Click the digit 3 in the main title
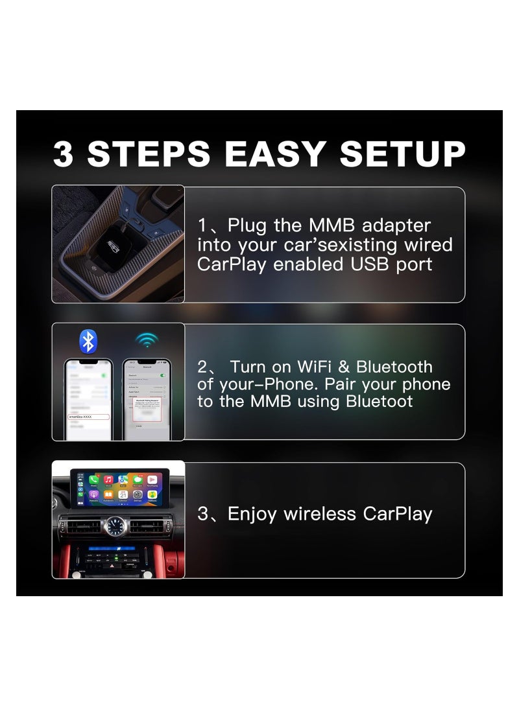pyautogui.click(x=63, y=154)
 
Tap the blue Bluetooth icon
pyautogui.click(x=88, y=341)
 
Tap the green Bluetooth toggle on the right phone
pyautogui.click(x=163, y=375)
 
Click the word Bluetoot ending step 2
pyautogui.click(x=379, y=402)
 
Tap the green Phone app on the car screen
pyautogui.click(x=93, y=480)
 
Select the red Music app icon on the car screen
pyautogui.click(x=108, y=480)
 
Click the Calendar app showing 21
pyautogui.click(x=123, y=494)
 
